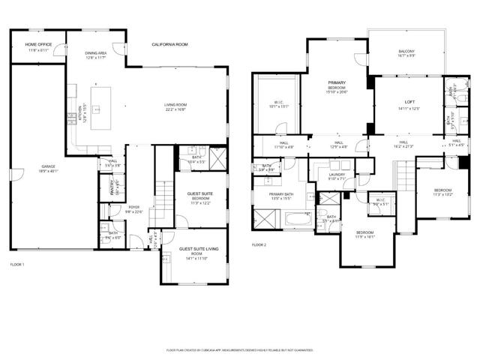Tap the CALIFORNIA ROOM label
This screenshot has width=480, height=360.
169,45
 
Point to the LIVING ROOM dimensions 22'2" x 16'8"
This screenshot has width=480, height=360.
175,109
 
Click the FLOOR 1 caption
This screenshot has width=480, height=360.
17,265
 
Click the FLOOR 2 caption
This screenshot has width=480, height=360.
259,245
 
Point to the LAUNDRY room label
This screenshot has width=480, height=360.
337,175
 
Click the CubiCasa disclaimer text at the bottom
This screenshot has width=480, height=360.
240,350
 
